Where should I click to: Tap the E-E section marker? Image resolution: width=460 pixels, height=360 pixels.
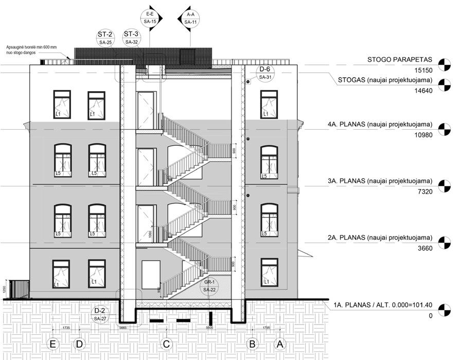pyautogui.click(x=150, y=18)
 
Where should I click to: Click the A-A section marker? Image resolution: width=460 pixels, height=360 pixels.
pyautogui.click(x=190, y=18)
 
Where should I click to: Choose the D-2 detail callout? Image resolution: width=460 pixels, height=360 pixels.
pyautogui.click(x=99, y=315)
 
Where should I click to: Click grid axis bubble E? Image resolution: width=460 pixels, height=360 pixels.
pyautogui.click(x=52, y=343)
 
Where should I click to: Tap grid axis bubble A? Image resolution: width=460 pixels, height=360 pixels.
pyautogui.click(x=280, y=343)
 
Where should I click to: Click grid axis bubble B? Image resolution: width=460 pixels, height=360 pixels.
pyautogui.click(x=253, y=343)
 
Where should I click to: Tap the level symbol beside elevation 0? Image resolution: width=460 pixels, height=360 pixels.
pyautogui.click(x=442, y=310)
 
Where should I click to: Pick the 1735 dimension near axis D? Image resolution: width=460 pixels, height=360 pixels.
pyautogui.click(x=66, y=328)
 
